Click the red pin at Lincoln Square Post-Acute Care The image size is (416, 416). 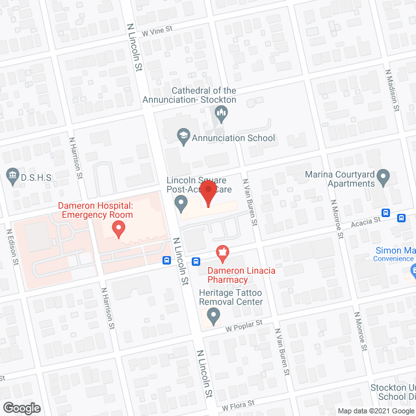207,194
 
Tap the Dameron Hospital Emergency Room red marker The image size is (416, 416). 118,228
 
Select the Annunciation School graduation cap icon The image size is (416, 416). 183,136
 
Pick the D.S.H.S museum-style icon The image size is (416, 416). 12,175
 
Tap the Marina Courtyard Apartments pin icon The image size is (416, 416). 383,175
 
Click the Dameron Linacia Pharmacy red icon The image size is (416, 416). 221,252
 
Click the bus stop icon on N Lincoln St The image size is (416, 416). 167,261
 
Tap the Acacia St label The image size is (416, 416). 364,222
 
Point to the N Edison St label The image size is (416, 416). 10,245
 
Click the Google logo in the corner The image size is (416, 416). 21,408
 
